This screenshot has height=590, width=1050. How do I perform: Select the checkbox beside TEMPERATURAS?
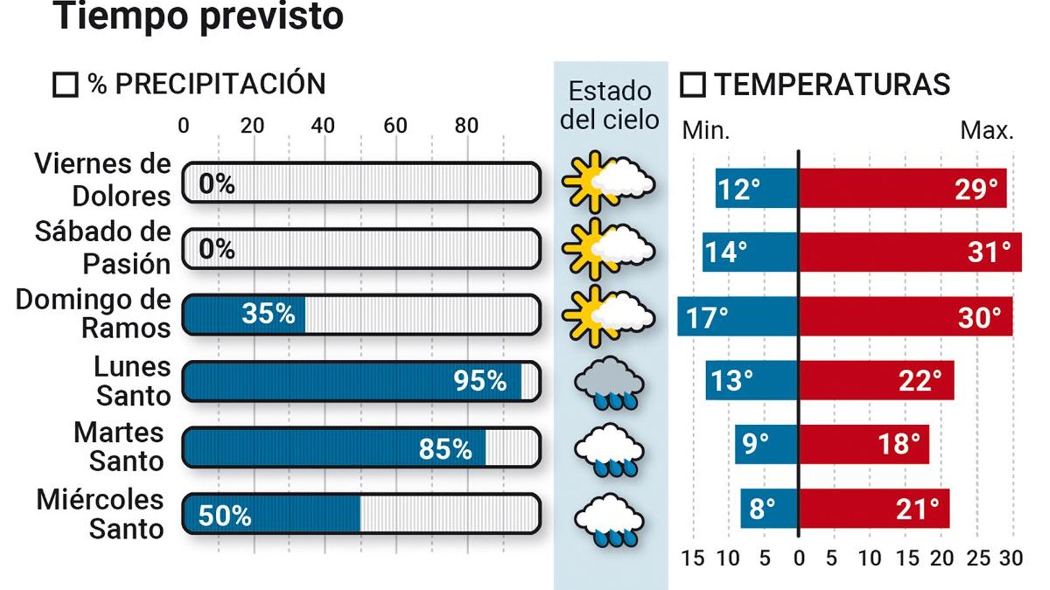point(692,85)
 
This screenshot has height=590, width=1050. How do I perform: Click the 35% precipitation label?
point(268,314)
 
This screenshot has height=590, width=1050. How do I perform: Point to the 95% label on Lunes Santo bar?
point(480,381)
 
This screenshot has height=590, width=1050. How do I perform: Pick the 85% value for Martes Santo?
point(445,449)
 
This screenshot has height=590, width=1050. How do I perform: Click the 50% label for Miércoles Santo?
point(224,516)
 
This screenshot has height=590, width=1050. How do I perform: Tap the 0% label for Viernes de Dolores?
point(217,184)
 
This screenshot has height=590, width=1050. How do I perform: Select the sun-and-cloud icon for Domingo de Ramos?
point(608,315)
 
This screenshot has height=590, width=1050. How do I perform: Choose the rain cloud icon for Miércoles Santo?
point(609,519)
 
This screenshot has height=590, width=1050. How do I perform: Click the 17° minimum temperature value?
point(707,318)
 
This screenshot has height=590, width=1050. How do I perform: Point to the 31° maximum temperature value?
point(989,252)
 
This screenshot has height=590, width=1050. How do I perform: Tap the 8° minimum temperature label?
point(762,509)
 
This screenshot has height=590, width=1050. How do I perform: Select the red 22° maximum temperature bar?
point(876,380)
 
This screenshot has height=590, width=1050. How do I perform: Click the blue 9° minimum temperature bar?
point(766,444)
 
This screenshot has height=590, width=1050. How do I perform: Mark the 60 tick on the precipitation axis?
point(395,125)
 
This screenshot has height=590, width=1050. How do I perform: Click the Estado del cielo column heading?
point(610,106)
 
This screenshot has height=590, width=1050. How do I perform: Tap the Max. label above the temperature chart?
point(986,130)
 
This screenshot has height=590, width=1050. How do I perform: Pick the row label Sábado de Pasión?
point(102,248)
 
